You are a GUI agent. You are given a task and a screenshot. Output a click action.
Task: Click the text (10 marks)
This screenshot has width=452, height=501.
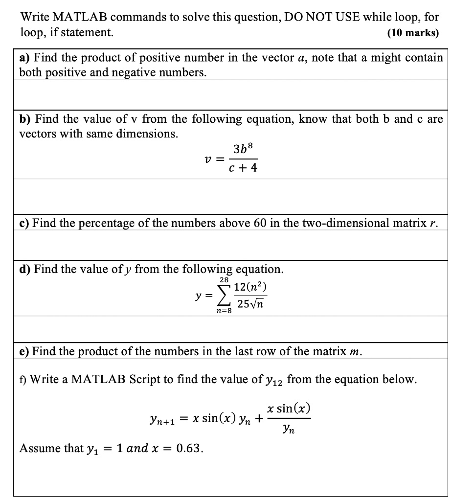pos(413,33)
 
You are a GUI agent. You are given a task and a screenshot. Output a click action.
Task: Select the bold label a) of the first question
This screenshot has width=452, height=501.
pos(25,58)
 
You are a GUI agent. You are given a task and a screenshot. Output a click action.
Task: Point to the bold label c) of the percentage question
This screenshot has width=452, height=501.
pos(25,224)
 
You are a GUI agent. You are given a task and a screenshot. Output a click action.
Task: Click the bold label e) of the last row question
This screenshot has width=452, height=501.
pos(25,351)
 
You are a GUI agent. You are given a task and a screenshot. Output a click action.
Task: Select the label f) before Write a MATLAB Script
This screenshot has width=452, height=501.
pos(23,380)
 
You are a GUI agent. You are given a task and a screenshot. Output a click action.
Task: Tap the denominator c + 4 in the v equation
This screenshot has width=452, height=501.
pos(243,168)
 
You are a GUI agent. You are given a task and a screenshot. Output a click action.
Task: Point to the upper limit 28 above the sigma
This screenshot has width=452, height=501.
pos(224,280)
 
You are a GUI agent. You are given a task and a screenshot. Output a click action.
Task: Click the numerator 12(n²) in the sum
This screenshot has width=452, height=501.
pos(250,288)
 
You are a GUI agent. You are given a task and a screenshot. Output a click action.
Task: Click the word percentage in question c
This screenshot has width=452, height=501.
pos(97,224)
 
